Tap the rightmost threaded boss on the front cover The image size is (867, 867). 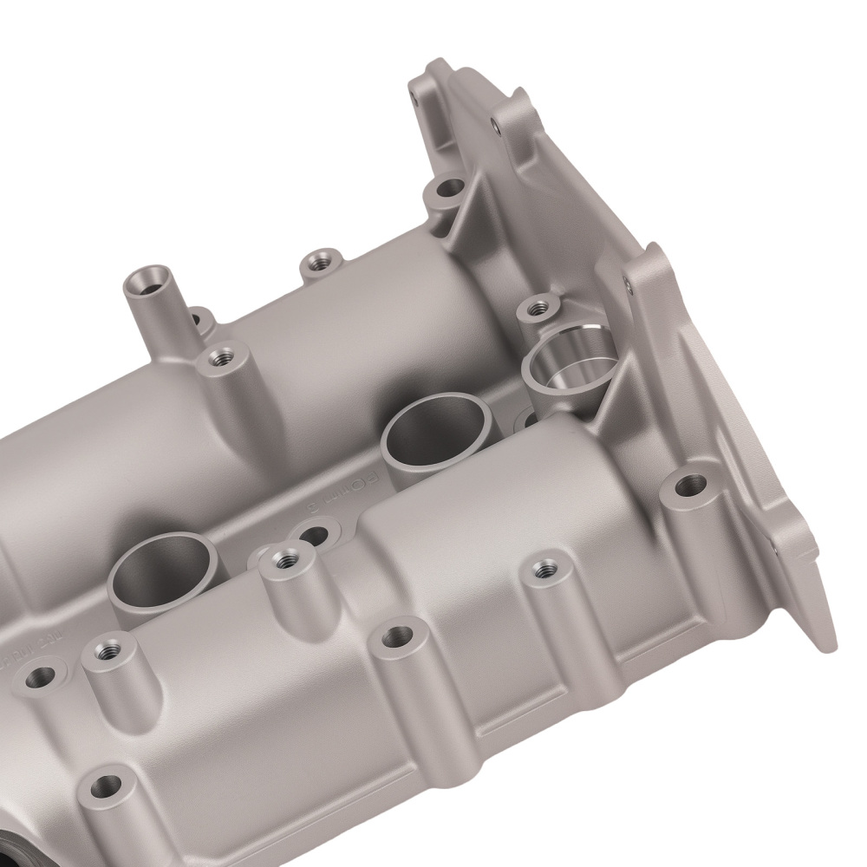coord(543,568)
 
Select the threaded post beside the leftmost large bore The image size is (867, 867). coord(283,557)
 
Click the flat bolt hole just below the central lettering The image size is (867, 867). coord(316,531)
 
